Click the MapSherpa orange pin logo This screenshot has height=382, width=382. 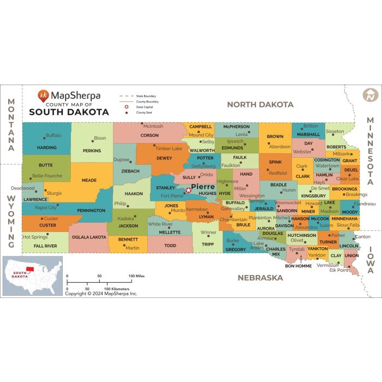pos(43,95)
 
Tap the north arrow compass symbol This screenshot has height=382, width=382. pos(370,95)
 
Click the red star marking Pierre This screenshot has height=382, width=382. pos(189,190)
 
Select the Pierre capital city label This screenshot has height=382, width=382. pos(202,186)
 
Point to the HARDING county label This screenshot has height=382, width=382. pos(47,147)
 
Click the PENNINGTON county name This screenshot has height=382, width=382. pos(91,210)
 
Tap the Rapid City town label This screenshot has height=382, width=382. pos(46,207)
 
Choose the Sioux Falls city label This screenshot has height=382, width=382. pos(348,225)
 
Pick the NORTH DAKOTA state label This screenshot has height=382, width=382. pos(260,104)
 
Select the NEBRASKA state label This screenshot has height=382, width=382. pos(260,277)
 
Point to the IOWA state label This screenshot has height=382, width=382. pos(371,259)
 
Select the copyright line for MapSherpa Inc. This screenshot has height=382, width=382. pos(101,294)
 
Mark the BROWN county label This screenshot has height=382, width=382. pos(275,136)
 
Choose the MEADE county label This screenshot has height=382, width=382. pos(89,180)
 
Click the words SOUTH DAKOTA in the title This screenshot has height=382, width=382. pos(69,112)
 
